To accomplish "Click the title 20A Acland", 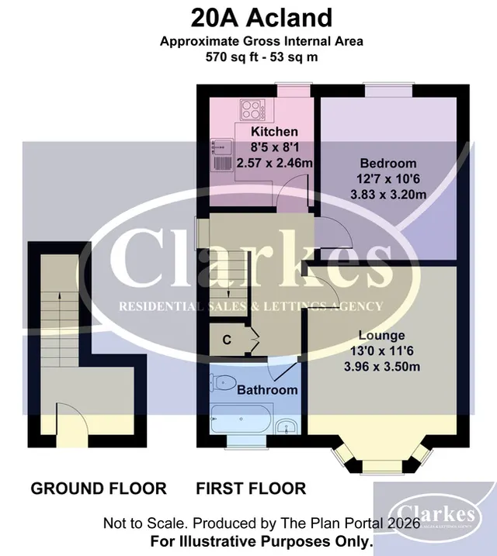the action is coord(262,18).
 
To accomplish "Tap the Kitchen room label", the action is coord(274,132).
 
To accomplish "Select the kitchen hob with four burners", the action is coord(252,109).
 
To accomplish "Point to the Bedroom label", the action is coord(388,163).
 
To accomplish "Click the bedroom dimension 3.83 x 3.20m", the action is coord(388,195).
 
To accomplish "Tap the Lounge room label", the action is coord(381,335).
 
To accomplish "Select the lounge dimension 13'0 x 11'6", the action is coord(381,351).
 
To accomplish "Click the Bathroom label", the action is coord(267,390).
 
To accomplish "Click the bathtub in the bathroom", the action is coord(241,419).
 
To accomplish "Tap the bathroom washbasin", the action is coord(287,426).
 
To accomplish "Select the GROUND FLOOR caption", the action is coord(99,489).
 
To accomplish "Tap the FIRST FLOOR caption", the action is coord(251,489).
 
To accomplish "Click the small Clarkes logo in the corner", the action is coord(436,515).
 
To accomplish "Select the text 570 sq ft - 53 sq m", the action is coord(262,57).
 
